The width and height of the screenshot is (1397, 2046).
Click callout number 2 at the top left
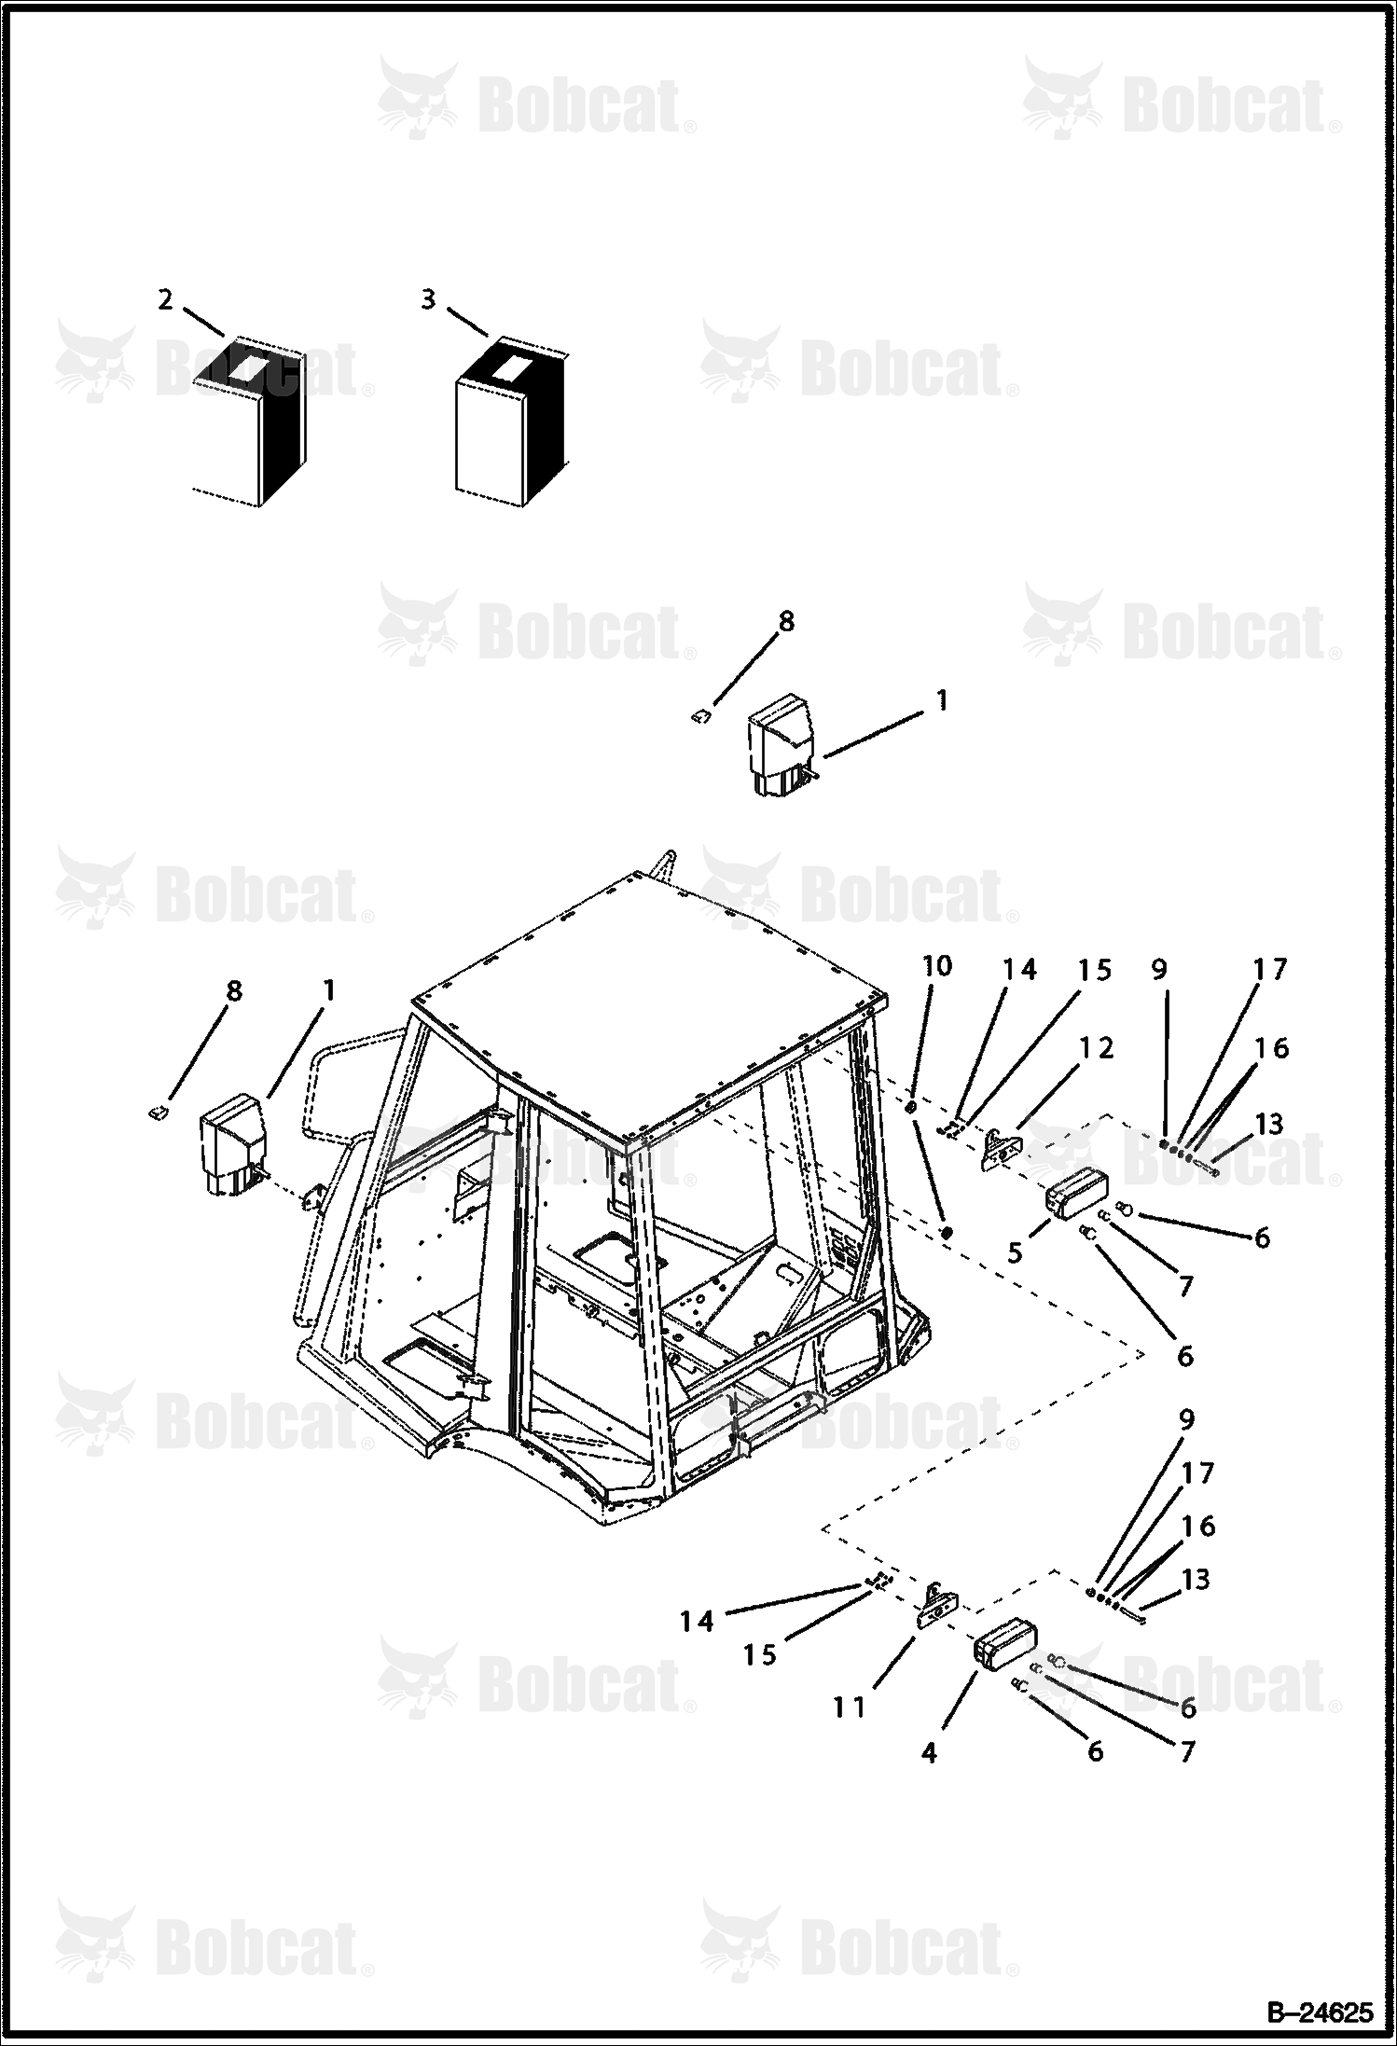pos(165,299)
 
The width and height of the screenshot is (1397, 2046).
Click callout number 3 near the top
pos(428,299)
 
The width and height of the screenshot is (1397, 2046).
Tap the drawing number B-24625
pos(1320,2011)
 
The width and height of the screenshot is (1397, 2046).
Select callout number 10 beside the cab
pos(937,966)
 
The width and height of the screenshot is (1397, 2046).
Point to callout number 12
pos(1097,1047)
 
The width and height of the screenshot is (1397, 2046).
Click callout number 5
pos(1015,1251)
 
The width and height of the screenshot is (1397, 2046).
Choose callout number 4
pos(929,1752)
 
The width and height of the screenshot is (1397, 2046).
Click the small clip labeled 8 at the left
pos(159,1111)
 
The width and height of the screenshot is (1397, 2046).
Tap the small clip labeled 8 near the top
pos(700,715)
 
